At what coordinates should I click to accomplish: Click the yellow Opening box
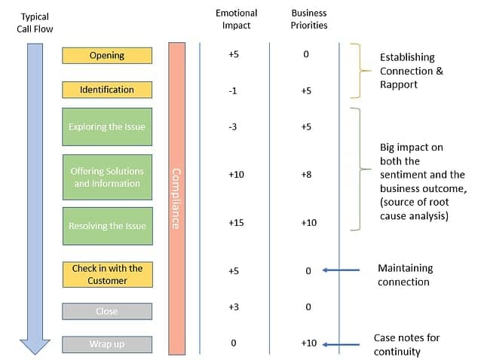[107, 55]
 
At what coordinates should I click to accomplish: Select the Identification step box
[107, 90]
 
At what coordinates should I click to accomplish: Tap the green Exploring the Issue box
[107, 127]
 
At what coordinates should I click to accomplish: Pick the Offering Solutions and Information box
[107, 177]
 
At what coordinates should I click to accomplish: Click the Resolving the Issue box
[107, 226]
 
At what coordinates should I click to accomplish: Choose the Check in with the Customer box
[107, 274]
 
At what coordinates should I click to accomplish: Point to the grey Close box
[107, 310]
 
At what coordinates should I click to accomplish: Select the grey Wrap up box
[107, 343]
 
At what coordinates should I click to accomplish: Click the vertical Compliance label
[176, 198]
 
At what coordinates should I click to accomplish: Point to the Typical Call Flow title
[35, 23]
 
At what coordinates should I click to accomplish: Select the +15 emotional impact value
[237, 223]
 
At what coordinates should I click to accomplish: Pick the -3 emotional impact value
[234, 127]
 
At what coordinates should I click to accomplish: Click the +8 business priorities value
[308, 175]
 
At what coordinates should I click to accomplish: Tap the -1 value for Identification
[234, 91]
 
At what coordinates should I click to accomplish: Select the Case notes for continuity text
[408, 344]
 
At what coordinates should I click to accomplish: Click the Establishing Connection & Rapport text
[411, 72]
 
